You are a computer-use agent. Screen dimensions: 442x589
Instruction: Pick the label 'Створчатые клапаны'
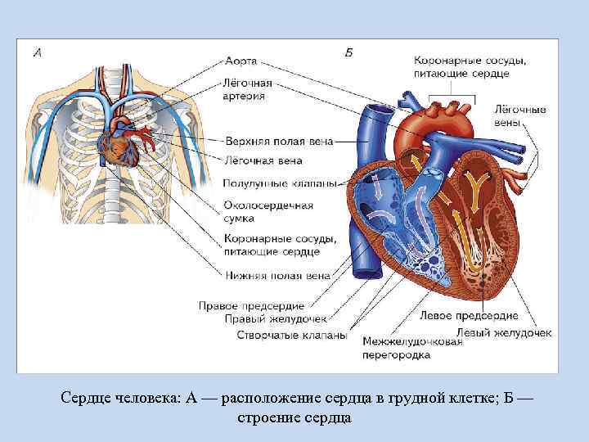coord(291,336)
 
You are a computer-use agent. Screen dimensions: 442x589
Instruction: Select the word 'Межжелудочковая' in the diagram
coord(411,342)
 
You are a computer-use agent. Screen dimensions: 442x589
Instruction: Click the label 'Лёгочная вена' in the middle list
coord(263,160)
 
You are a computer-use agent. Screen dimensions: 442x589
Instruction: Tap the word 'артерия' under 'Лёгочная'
coord(243,96)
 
